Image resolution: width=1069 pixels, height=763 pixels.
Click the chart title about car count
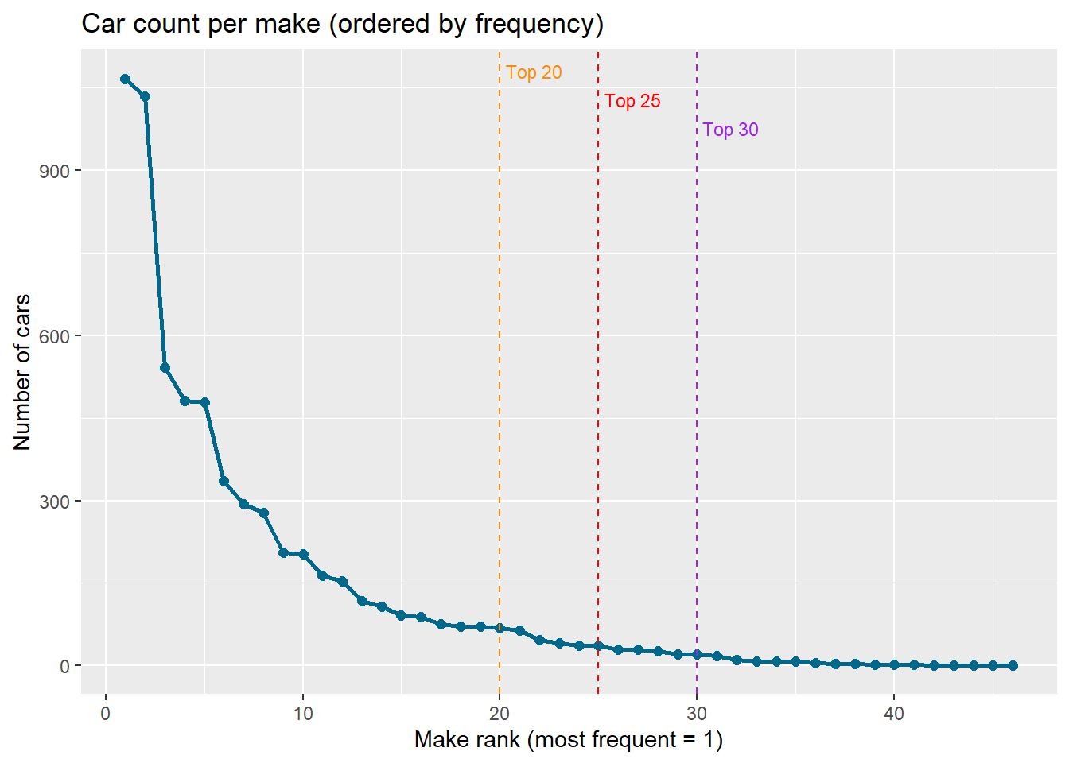(342, 24)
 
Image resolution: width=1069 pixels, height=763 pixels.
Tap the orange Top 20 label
(534, 72)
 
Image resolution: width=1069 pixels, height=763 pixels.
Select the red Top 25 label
(632, 101)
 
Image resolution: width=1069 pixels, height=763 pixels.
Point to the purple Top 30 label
(730, 130)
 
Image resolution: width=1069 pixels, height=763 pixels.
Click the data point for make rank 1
(125, 79)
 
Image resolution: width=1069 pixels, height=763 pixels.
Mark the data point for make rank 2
(145, 96)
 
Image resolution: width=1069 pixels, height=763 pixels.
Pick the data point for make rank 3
(165, 367)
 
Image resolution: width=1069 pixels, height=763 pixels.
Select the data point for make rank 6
(224, 481)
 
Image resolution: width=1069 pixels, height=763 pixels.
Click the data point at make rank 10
(303, 554)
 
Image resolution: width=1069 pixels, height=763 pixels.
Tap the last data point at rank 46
(1013, 665)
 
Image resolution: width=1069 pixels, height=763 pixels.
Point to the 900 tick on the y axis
(54, 171)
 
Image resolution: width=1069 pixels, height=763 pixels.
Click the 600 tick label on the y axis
(54, 336)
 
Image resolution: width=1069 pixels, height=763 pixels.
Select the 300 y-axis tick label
(54, 502)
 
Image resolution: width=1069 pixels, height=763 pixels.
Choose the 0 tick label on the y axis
(64, 666)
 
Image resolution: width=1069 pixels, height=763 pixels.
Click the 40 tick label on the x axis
(894, 713)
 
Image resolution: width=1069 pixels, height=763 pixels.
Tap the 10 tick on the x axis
(303, 713)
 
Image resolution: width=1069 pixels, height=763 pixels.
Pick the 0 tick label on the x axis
(106, 713)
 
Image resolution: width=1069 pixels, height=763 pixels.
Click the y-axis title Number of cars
(21, 372)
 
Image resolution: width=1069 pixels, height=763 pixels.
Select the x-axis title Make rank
(568, 740)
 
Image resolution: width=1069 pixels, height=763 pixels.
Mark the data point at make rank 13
(362, 601)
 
